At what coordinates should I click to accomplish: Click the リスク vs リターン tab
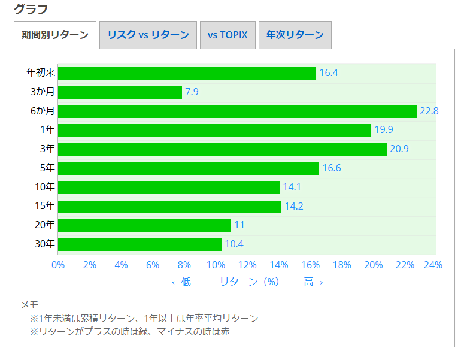pyautogui.click(x=148, y=35)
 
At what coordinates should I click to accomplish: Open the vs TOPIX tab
pyautogui.click(x=228, y=35)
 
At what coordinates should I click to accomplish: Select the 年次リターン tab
pyautogui.click(x=295, y=35)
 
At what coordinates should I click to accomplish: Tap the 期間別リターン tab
pyautogui.click(x=54, y=35)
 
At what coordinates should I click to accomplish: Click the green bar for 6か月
pyautogui.click(x=237, y=111)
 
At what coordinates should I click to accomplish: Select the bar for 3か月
pyautogui.click(x=120, y=92)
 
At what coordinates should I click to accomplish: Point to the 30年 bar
pyautogui.click(x=140, y=244)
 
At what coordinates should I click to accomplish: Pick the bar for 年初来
pyautogui.click(x=187, y=73)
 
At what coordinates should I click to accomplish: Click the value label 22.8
pyautogui.click(x=429, y=111)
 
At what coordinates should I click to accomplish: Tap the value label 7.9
pyautogui.click(x=192, y=92)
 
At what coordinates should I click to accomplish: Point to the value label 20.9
pyautogui.click(x=399, y=149)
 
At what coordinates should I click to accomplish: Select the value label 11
pyautogui.click(x=239, y=225)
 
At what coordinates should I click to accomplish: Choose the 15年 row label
pyautogui.click(x=45, y=206)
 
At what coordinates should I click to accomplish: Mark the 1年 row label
pyautogui.click(x=47, y=130)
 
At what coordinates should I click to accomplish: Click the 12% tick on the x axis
pyautogui.click(x=247, y=265)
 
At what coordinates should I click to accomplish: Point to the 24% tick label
pyautogui.click(x=433, y=265)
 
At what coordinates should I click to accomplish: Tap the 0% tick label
pyautogui.click(x=58, y=265)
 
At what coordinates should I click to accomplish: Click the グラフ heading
pyautogui.click(x=31, y=9)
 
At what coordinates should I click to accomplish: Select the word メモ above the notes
pyautogui.click(x=30, y=305)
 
